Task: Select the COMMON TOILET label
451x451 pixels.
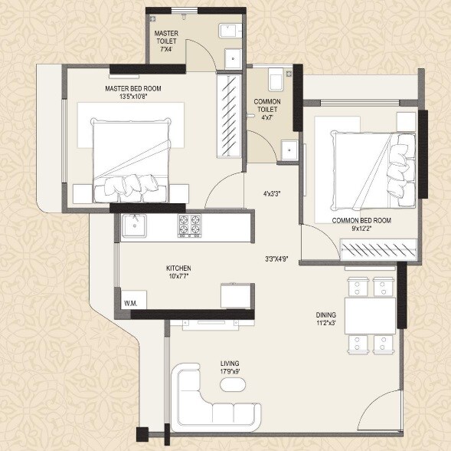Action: tap(267, 102)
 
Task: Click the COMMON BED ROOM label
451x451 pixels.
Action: tap(361, 220)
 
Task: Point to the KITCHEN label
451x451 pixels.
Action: tap(178, 268)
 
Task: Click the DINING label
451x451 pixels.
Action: tap(326, 314)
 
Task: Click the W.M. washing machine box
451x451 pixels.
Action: tap(131, 303)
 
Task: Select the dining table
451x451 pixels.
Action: tap(370, 314)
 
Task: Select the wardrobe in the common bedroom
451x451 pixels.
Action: tap(378, 249)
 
